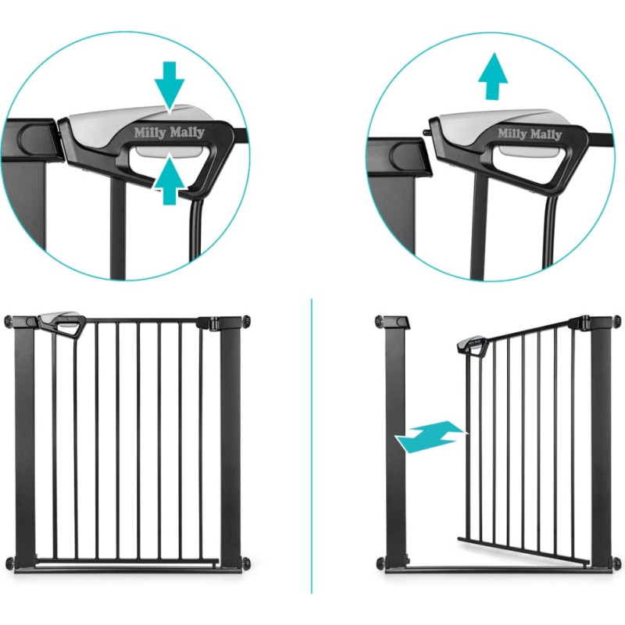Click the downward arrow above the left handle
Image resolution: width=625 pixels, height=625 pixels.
click(x=170, y=87)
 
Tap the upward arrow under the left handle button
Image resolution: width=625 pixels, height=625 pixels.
click(x=170, y=180)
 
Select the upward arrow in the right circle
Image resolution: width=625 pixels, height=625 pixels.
click(x=493, y=76)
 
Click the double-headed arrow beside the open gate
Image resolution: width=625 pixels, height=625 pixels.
click(x=430, y=437)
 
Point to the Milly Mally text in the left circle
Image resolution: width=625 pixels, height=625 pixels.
click(x=169, y=132)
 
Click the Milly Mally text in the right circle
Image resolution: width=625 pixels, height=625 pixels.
click(x=530, y=134)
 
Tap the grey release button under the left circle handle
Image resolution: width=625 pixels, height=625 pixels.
click(x=170, y=152)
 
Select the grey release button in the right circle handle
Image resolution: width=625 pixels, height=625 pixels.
click(x=529, y=152)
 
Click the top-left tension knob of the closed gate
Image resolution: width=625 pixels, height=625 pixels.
click(x=9, y=321)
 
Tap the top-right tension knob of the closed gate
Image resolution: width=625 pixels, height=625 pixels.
click(x=246, y=321)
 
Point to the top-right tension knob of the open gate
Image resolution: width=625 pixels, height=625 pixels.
click(x=616, y=321)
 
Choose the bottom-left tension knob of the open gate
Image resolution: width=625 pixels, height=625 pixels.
click(x=380, y=562)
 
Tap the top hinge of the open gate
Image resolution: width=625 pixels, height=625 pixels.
click(x=580, y=323)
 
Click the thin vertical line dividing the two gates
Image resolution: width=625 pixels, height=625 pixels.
click(x=312, y=445)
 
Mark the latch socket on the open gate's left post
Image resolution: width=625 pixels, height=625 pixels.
click(x=398, y=321)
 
